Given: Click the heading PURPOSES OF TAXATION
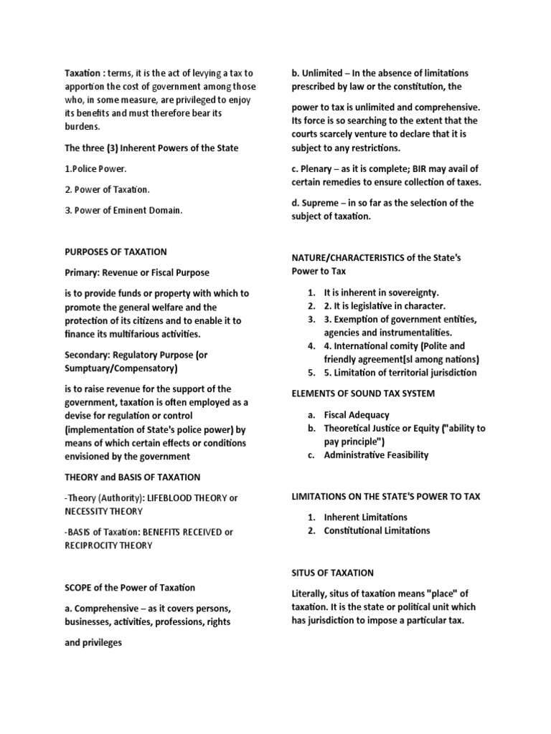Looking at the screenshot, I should [116, 252].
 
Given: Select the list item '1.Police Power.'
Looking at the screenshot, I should [97, 168].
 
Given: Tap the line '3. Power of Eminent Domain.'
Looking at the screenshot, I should [124, 210].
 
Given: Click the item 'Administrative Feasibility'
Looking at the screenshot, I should [376, 455].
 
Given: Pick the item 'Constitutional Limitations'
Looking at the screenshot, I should [377, 530].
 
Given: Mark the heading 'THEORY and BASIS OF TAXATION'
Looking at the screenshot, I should [133, 477].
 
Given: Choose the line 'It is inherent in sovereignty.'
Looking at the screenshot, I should [381, 293].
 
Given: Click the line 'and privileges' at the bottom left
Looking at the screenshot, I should [93, 642].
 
